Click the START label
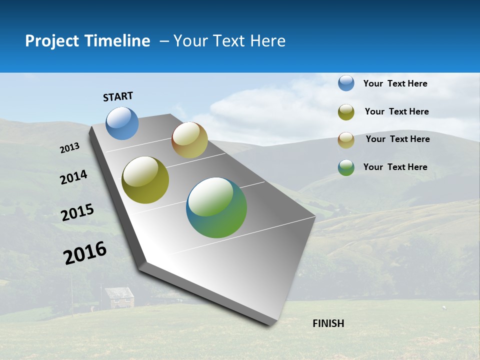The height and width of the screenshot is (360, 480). [x=118, y=96]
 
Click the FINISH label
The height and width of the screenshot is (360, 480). [x=328, y=323]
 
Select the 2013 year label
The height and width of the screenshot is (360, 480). [x=69, y=148]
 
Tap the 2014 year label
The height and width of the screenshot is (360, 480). [x=73, y=177]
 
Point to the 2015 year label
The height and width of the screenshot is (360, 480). [x=77, y=212]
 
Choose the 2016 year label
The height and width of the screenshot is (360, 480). [x=85, y=253]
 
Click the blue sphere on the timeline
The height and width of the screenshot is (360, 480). [x=122, y=123]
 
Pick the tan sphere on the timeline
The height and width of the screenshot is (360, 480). [x=189, y=140]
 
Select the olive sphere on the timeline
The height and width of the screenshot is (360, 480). [x=145, y=180]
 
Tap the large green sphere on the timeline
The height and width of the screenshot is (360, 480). [x=216, y=207]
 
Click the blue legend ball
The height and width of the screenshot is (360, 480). [x=346, y=83]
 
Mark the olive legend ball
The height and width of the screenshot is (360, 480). [x=346, y=112]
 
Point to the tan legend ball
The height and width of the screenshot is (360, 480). [x=346, y=140]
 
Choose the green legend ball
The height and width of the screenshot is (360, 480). [x=346, y=167]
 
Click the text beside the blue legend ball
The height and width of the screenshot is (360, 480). [x=395, y=83]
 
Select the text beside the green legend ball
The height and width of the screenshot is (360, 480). [x=395, y=167]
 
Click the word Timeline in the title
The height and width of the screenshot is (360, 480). [x=117, y=41]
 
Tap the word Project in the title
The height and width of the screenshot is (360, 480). [x=52, y=41]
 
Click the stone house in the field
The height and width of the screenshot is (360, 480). [x=119, y=298]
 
